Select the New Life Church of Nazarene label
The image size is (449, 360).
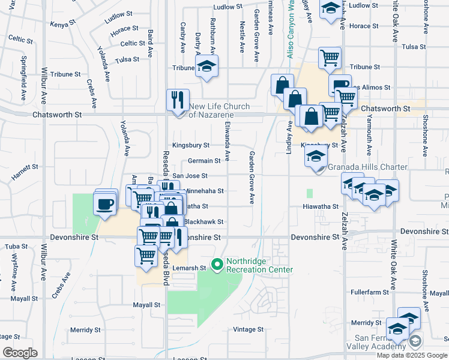coord(220,110)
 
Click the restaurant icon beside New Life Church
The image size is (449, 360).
coord(178,100)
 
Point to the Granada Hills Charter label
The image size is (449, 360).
coord(367,167)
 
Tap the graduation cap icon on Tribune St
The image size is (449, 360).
coord(206,67)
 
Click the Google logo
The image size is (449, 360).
coord(20,352)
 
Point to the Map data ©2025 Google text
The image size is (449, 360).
coord(412,355)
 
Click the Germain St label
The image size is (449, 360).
coord(204,161)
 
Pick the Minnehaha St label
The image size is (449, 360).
coord(203,191)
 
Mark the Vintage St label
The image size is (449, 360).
coord(248,329)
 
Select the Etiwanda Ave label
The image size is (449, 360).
coord(228,147)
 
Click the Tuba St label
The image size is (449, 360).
coord(16,247)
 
